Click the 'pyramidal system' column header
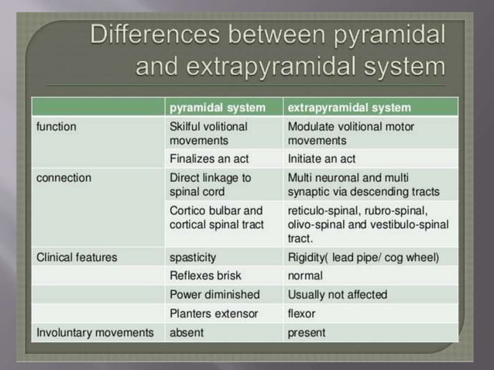coord(217,108)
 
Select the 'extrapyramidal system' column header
coord(348,108)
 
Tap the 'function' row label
coord(57,125)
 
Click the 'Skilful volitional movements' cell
coord(208,133)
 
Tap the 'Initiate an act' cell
coord(321,159)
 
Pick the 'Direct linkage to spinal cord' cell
coord(210,184)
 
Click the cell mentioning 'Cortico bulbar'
coord(216,218)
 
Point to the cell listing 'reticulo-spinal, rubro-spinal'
coord(368,224)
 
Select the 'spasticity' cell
coord(193,256)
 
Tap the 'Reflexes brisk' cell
coord(204,276)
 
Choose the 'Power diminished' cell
coord(214,295)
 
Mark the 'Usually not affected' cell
coord(338,295)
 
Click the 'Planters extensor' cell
coord(213,314)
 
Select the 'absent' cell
coord(186,333)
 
